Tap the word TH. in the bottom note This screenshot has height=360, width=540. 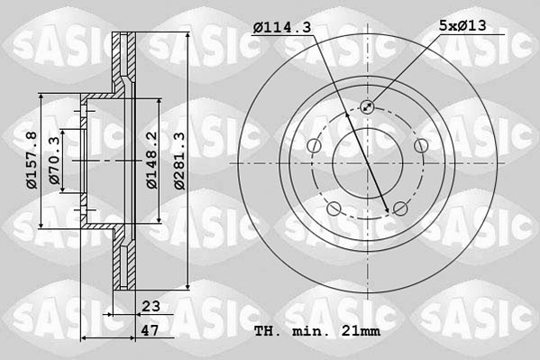(x=268, y=332)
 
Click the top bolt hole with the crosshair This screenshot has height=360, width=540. (x=367, y=107)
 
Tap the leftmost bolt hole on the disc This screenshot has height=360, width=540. (x=313, y=147)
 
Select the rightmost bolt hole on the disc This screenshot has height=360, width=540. (x=421, y=147)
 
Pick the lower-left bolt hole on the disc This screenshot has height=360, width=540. (x=334, y=210)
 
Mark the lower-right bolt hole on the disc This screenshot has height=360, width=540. (x=400, y=210)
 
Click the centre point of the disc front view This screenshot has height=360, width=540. (x=367, y=163)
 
